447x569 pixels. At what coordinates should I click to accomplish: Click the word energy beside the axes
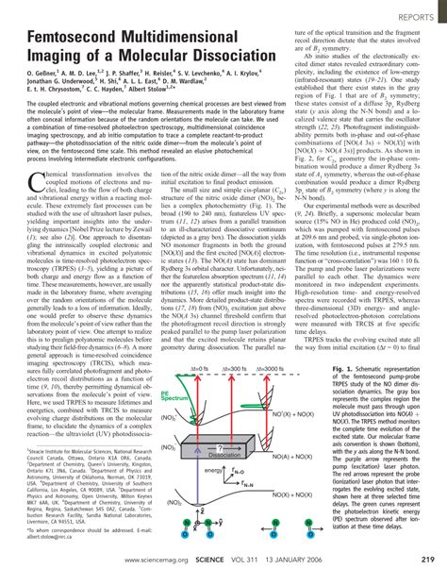point(215,470)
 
